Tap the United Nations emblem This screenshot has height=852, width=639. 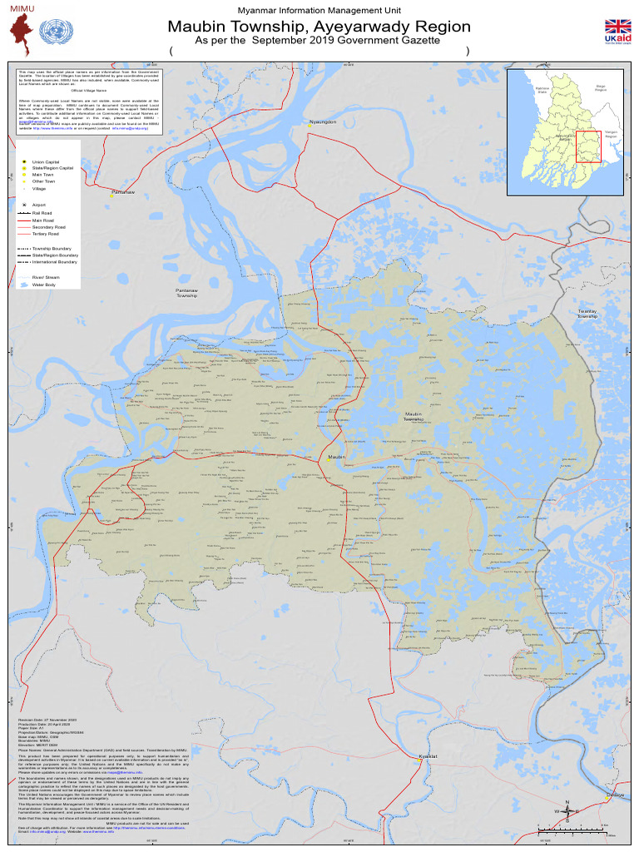point(57,34)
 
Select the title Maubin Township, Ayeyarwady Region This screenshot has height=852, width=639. point(319,27)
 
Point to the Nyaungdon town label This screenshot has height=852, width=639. point(323,122)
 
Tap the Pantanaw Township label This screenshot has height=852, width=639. point(187,293)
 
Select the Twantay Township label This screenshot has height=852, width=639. point(587,314)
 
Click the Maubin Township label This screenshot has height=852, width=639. point(414,416)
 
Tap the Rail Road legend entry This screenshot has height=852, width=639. point(42,213)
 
